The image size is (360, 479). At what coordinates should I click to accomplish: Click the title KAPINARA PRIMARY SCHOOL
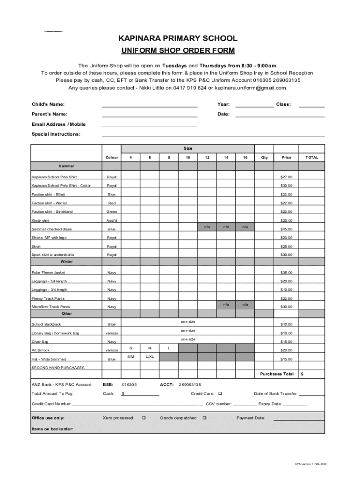click(x=177, y=38)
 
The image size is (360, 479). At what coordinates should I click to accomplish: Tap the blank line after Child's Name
click(x=150, y=105)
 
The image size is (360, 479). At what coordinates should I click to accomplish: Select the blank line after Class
click(x=311, y=105)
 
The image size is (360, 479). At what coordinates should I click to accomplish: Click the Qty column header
click(x=264, y=158)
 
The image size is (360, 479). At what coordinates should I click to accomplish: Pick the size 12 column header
click(x=207, y=158)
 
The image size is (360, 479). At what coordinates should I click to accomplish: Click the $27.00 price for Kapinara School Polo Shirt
click(x=286, y=177)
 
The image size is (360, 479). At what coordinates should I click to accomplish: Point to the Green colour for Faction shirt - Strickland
click(x=112, y=212)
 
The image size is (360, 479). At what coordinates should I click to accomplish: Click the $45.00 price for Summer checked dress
click(x=286, y=229)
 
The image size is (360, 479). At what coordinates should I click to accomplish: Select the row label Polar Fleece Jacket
click(x=49, y=273)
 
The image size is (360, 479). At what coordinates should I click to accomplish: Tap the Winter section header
click(x=66, y=262)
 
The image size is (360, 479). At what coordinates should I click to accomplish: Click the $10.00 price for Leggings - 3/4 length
click(x=286, y=290)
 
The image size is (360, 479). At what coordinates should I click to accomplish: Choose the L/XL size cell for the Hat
click(x=150, y=357)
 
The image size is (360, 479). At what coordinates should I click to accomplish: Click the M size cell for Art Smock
click(x=150, y=348)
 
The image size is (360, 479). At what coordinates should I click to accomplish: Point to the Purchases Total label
click(x=277, y=374)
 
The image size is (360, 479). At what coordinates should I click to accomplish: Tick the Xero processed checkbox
click(x=144, y=418)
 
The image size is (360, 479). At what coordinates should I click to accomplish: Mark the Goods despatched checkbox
click(x=205, y=418)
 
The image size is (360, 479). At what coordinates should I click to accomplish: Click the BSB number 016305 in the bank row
click(x=129, y=385)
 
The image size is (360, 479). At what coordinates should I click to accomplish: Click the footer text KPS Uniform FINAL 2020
click(x=310, y=464)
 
